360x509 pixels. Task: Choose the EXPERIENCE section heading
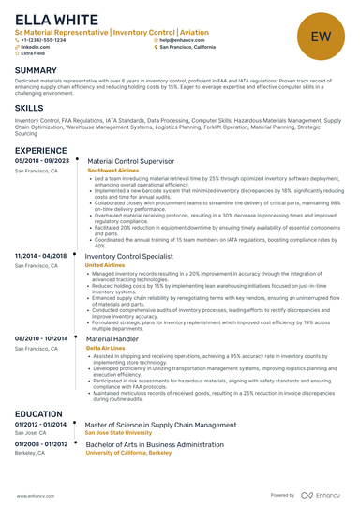pos(40,150)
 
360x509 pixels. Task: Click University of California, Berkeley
pos(130,452)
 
